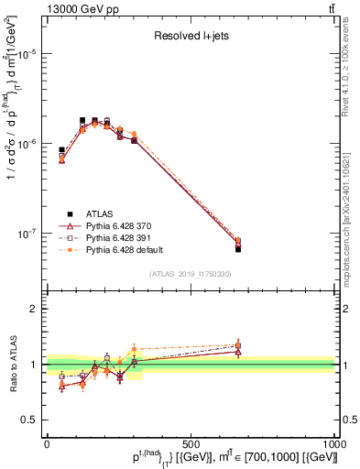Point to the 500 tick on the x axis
click(191, 442)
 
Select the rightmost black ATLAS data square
click(238, 248)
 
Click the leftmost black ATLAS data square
click(61, 149)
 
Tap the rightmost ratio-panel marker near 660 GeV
click(238, 346)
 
